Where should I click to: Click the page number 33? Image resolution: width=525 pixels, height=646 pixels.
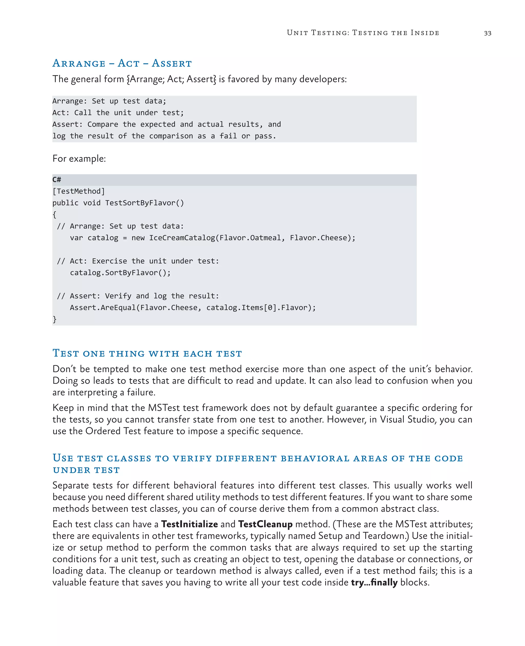tap(488, 33)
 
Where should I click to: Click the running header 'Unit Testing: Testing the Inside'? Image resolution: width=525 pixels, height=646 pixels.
tap(363, 33)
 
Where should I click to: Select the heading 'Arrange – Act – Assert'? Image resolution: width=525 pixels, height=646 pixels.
tap(122, 63)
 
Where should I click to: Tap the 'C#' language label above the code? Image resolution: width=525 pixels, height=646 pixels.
tap(57, 180)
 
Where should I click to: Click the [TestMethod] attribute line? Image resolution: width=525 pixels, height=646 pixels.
tap(79, 191)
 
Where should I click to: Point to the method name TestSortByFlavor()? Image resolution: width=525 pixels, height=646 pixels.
tap(144, 203)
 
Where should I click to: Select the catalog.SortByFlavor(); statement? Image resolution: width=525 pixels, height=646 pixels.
tap(120, 273)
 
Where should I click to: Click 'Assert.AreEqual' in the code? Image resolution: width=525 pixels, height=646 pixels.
tap(103, 308)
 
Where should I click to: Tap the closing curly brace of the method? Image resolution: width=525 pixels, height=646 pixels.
tap(54, 319)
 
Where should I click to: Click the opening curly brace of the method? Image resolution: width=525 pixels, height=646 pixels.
tap(54, 214)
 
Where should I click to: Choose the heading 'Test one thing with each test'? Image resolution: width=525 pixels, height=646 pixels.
tap(147, 353)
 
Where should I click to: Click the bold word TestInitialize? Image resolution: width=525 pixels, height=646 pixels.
tap(189, 524)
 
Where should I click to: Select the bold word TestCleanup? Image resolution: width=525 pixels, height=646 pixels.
tap(265, 524)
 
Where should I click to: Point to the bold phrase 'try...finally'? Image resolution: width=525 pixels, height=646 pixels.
tap(374, 582)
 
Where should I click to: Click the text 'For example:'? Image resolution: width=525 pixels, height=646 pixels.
tap(79, 158)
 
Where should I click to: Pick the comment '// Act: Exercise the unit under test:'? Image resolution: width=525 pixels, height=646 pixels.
tap(138, 261)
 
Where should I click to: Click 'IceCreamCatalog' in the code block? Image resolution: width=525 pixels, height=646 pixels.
tap(182, 238)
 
